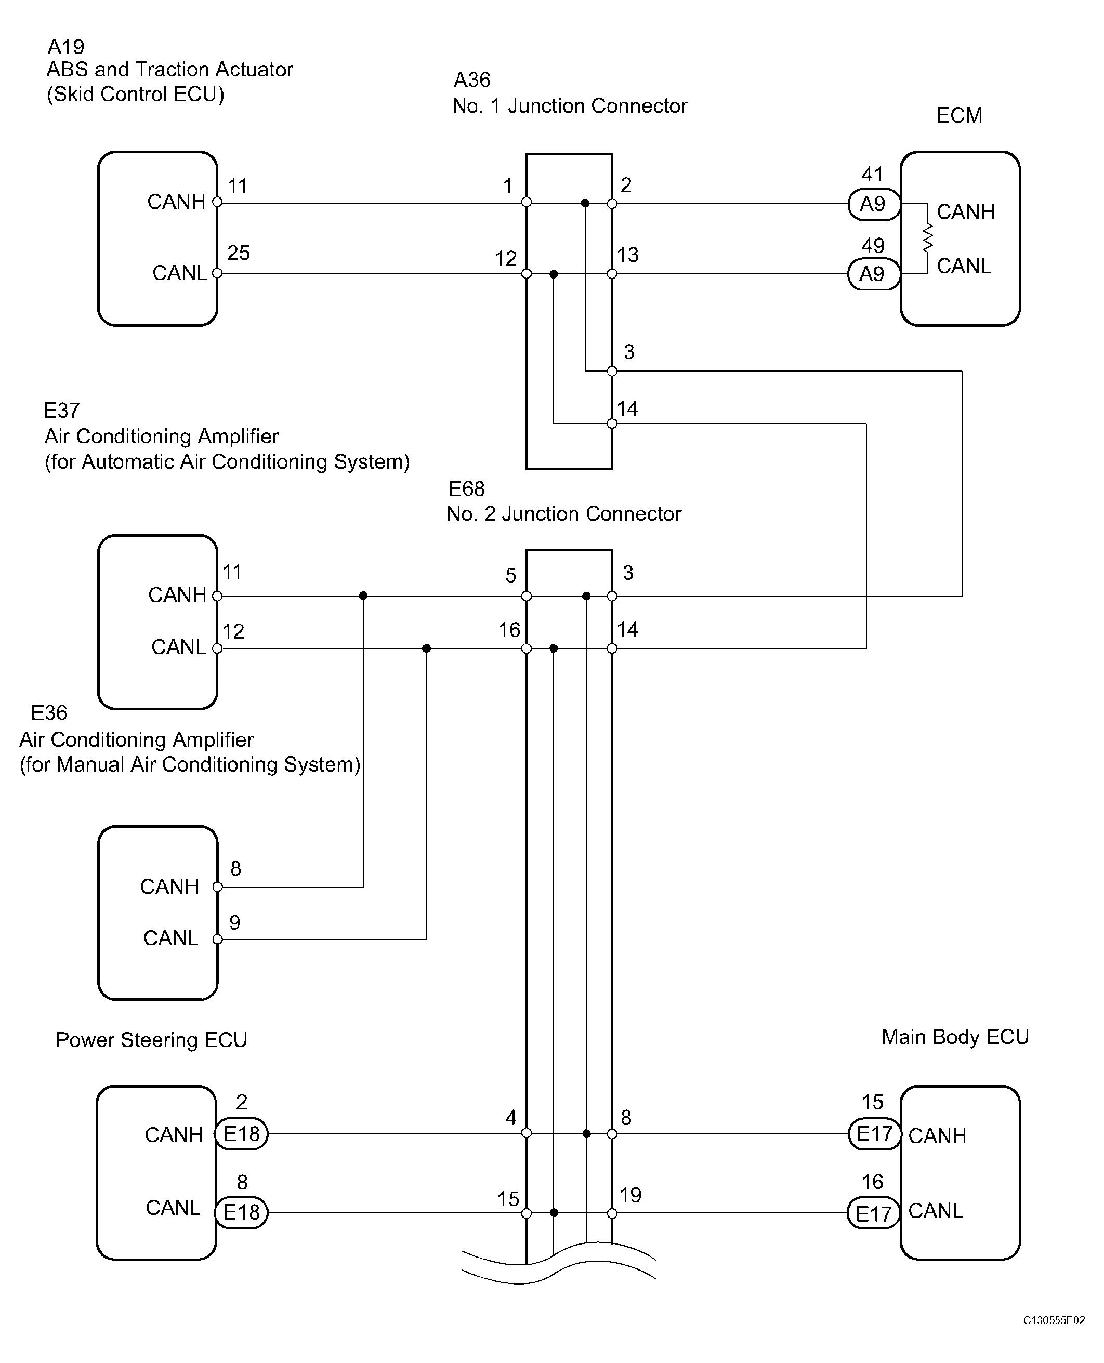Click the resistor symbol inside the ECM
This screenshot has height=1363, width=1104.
pyautogui.click(x=927, y=239)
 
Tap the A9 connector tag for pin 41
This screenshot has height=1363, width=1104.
pyautogui.click(x=874, y=204)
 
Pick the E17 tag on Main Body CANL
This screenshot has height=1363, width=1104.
pyautogui.click(x=874, y=1213)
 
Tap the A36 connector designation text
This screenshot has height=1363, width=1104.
pyautogui.click(x=472, y=80)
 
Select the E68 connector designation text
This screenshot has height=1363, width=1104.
pyautogui.click(x=466, y=489)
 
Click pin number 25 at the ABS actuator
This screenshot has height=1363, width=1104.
pyautogui.click(x=239, y=253)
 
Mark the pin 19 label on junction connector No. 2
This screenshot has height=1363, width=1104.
pyautogui.click(x=630, y=1195)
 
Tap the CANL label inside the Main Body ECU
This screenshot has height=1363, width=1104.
pyautogui.click(x=936, y=1211)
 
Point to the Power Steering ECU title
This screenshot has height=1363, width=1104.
pyautogui.click(x=151, y=1040)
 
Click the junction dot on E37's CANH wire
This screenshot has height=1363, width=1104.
pyautogui.click(x=363, y=596)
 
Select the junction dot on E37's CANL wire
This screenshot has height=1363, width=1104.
pyautogui.click(x=426, y=649)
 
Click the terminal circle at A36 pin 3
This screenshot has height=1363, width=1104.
pyautogui.click(x=612, y=371)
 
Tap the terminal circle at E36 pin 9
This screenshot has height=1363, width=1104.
pyautogui.click(x=217, y=939)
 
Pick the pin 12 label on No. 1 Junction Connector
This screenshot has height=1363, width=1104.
pyautogui.click(x=506, y=259)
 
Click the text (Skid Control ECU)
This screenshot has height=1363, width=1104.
pyautogui.click(x=136, y=95)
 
